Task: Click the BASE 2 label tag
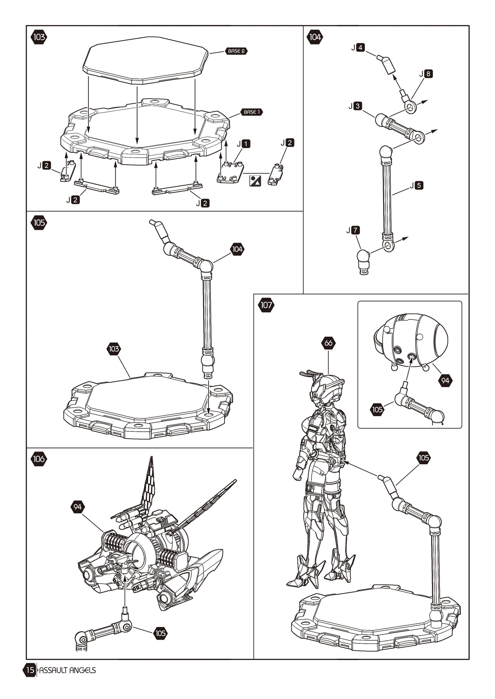pyautogui.click(x=236, y=51)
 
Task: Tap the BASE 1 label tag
pyautogui.click(x=251, y=112)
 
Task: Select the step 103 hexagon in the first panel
pyautogui.click(x=39, y=37)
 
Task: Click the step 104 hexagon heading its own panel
pyautogui.click(x=315, y=37)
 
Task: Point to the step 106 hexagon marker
pyautogui.click(x=39, y=459)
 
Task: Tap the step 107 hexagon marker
pyautogui.click(x=266, y=305)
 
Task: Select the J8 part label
pyautogui.click(x=426, y=74)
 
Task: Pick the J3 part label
pyautogui.click(x=355, y=106)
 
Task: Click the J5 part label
pyautogui.click(x=417, y=185)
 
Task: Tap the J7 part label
pyautogui.click(x=353, y=230)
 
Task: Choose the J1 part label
pyautogui.click(x=244, y=144)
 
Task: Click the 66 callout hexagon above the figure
pyautogui.click(x=328, y=343)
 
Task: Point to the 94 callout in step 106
pyautogui.click(x=78, y=507)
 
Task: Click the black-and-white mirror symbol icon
pyautogui.click(x=255, y=181)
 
